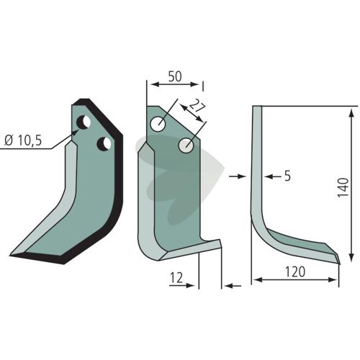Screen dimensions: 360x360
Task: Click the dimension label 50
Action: [x=175, y=77]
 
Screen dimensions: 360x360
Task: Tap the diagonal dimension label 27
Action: [x=197, y=106]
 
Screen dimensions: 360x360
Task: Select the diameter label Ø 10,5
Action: [x=23, y=140]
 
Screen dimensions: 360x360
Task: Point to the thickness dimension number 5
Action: [x=287, y=176]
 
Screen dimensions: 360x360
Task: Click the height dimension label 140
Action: [x=343, y=188]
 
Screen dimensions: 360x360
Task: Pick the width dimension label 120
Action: [x=295, y=271]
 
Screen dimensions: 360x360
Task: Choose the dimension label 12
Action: [x=176, y=278]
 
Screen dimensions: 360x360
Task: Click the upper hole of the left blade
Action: [x=84, y=122]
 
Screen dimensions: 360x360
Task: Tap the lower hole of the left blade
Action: [x=104, y=144]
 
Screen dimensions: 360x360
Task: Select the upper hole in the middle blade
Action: [x=158, y=124]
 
